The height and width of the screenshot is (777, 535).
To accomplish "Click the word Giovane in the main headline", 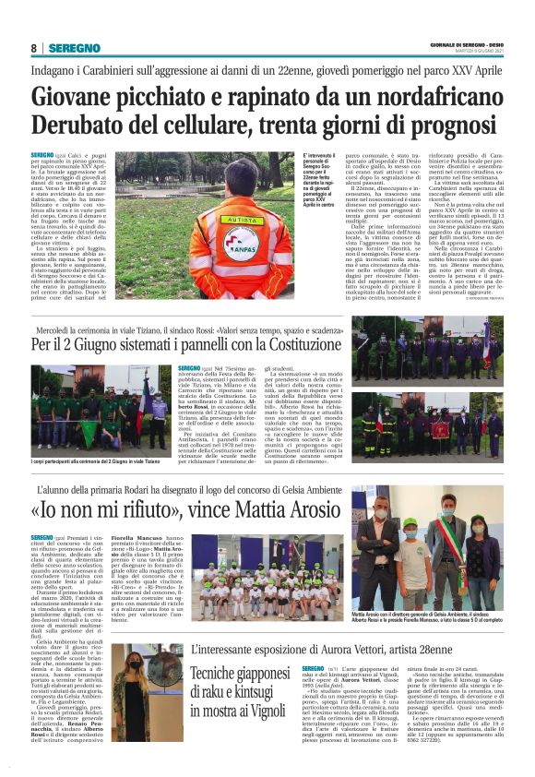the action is [x=84, y=96].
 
